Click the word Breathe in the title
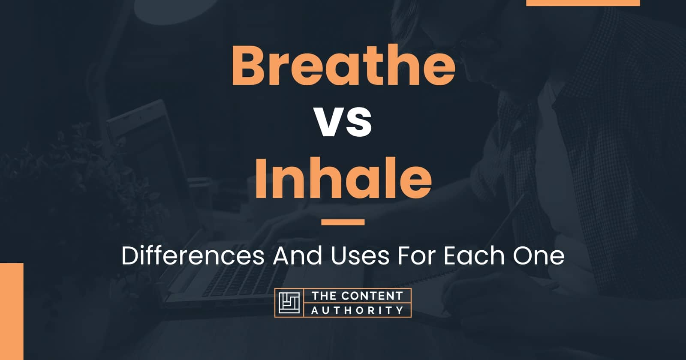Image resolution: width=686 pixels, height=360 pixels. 343,68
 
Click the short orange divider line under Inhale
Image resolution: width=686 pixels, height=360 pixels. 343,222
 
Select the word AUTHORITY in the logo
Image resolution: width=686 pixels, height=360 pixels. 357,310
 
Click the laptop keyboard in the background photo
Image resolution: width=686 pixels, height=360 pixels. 232,274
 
